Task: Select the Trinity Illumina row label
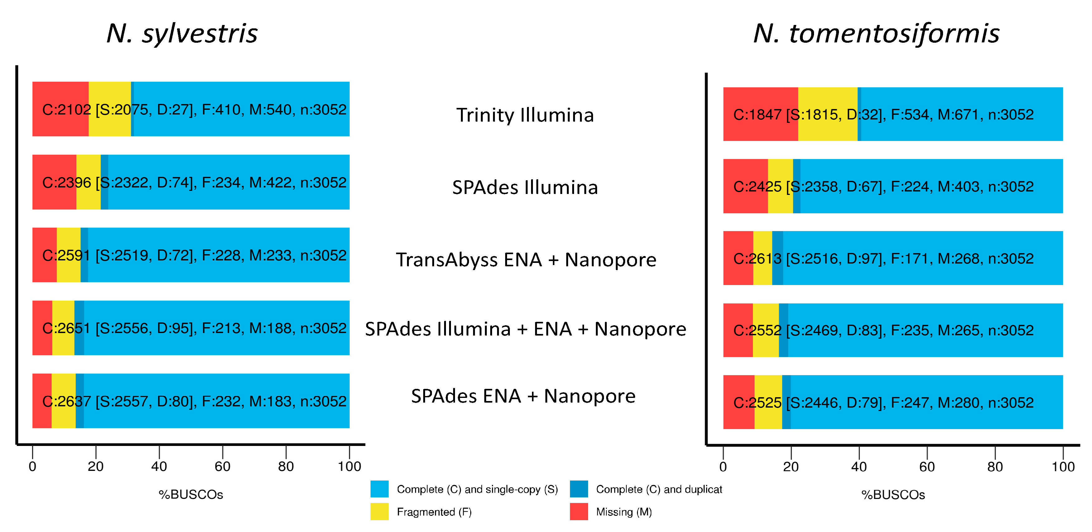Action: (x=525, y=115)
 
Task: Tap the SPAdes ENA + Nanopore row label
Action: (x=523, y=396)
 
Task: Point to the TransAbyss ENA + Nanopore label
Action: (x=526, y=260)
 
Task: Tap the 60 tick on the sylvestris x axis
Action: (x=223, y=466)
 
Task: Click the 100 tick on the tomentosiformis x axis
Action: (x=1063, y=467)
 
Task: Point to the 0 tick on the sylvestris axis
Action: (x=32, y=466)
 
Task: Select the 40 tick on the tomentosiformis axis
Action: (x=859, y=467)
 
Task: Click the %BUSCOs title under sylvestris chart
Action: (x=191, y=495)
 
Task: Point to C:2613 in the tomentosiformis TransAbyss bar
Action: (x=757, y=259)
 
